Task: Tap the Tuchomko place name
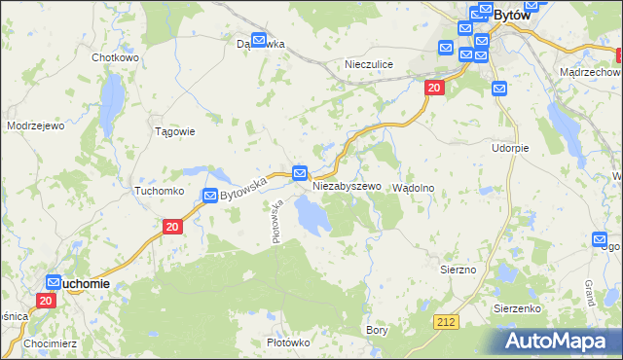[159, 192]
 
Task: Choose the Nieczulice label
[369, 64]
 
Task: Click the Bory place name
[377, 331]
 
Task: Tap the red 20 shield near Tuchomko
[171, 227]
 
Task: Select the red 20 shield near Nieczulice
[434, 89]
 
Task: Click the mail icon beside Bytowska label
[210, 196]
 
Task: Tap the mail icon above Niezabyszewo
[301, 172]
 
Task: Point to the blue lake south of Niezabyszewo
[313, 215]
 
